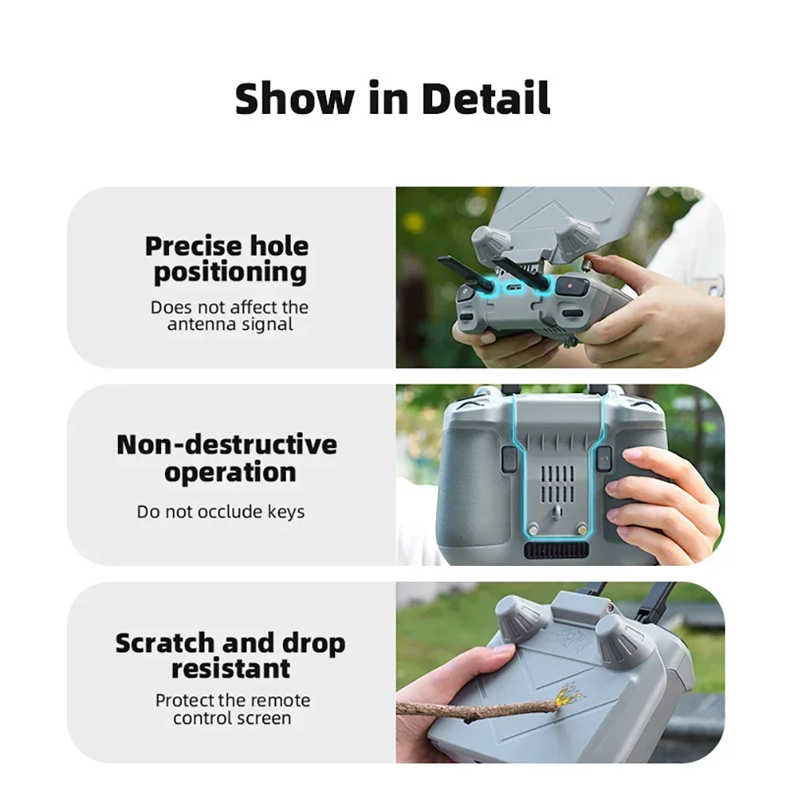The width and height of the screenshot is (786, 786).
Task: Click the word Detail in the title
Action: [x=486, y=98]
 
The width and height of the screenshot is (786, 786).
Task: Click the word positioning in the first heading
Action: [x=230, y=273]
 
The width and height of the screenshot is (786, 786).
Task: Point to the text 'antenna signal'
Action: [x=230, y=324]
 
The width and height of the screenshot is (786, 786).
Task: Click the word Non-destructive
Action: [x=226, y=444]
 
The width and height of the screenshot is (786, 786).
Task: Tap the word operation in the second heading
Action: [x=230, y=472]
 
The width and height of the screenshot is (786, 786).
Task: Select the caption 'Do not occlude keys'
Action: [x=221, y=512]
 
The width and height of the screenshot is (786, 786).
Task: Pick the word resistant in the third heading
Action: [x=230, y=669]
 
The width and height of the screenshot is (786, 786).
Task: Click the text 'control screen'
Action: [x=232, y=718]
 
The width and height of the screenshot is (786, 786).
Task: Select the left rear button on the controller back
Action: [x=508, y=458]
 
